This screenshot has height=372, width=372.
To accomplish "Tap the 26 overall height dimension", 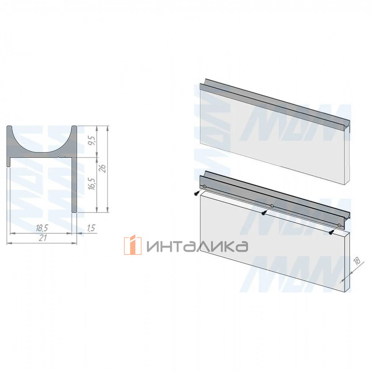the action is click(x=103, y=169).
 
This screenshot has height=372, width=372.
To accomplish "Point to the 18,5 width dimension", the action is click(x=42, y=228).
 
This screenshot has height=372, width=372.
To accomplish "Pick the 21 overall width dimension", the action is click(x=42, y=238).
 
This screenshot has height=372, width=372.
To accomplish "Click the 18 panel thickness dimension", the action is click(x=357, y=261).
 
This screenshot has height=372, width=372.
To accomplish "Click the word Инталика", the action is click(x=197, y=246).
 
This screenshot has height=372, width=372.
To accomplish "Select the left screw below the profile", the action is click(x=196, y=193).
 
